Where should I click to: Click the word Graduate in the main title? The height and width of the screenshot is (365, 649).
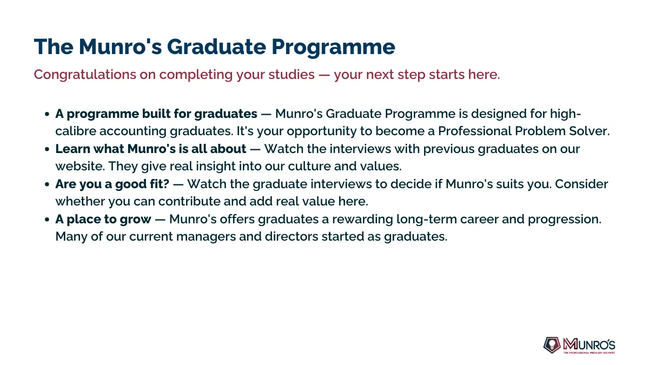point(216,47)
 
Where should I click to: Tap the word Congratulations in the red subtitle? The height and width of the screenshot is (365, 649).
point(85,75)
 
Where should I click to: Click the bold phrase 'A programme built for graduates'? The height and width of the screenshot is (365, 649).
point(156,114)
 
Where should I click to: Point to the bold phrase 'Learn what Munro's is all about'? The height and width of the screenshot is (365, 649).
point(151,149)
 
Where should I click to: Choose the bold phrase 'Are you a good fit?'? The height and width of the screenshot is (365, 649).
point(112,184)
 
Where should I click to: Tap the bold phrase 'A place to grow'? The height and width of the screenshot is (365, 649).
point(103,220)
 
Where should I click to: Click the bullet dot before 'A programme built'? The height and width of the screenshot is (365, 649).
point(47,114)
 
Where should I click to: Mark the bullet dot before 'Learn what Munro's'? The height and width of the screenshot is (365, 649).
point(47,149)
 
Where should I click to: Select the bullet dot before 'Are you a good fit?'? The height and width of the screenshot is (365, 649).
point(47,184)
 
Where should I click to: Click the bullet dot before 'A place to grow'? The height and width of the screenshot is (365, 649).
point(47,220)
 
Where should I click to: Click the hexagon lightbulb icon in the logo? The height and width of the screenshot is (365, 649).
point(552,345)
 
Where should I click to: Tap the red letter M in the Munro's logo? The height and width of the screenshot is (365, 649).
point(570,344)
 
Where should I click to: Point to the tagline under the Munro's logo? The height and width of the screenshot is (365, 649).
point(589,353)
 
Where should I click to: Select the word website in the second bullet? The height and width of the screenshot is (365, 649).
point(80,167)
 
